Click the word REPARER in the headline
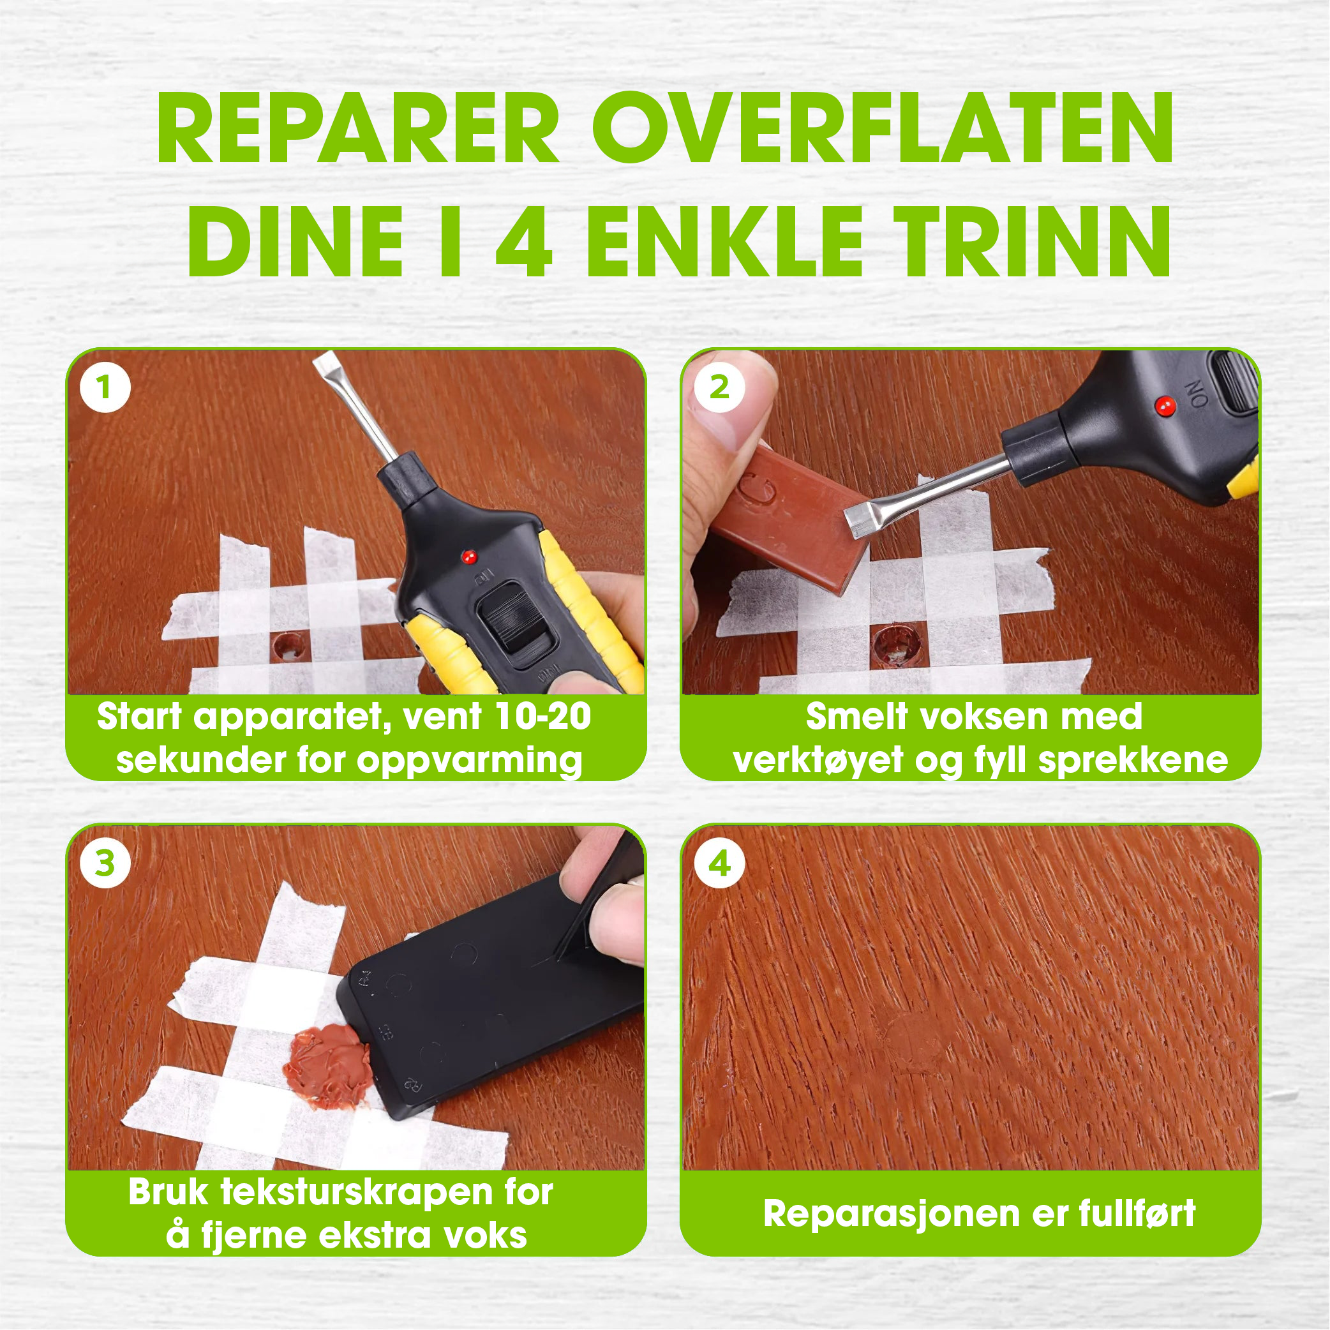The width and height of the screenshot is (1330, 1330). (358, 129)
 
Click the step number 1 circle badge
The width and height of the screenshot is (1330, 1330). (105, 387)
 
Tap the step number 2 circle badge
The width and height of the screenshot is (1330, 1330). (719, 387)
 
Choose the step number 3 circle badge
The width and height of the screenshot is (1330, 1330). (105, 863)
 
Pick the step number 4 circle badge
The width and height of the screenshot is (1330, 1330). (719, 863)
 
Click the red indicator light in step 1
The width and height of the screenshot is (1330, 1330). (470, 555)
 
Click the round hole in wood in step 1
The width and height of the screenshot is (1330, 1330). (290, 647)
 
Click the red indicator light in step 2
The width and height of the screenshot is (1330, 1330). (1164, 406)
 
